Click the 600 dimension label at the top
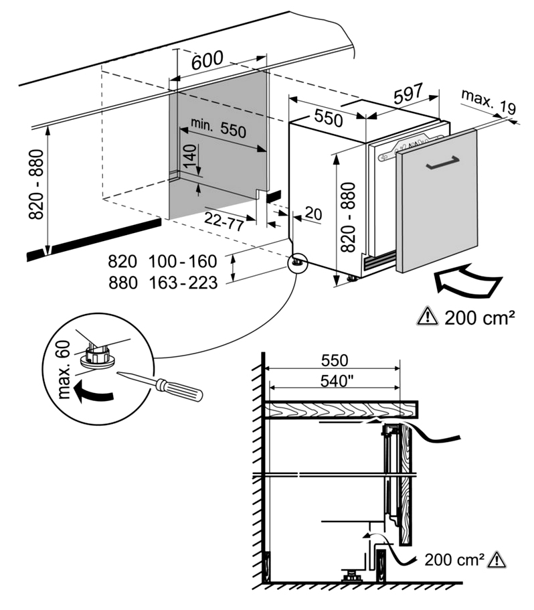[207, 61]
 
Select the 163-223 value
[184, 283]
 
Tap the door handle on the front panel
[441, 163]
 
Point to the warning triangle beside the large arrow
[426, 316]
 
